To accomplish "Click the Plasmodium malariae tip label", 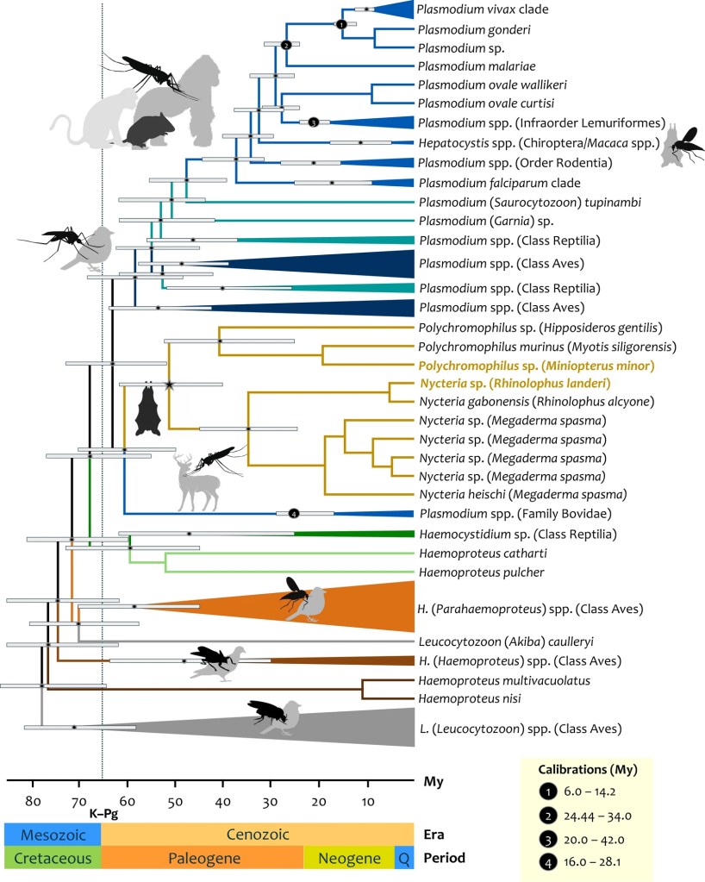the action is tap(477, 66).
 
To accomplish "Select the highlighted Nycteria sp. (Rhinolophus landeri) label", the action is tap(515, 384).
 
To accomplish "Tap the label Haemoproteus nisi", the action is tap(470, 698).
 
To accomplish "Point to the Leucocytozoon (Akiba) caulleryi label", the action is tap(506, 641).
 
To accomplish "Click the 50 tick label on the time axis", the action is tap(175, 802).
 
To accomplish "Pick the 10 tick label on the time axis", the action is tap(368, 802).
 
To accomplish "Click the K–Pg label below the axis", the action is tap(103, 813).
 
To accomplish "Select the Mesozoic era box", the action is tap(53, 835).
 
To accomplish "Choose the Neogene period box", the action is tap(349, 858).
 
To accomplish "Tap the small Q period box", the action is tap(404, 858).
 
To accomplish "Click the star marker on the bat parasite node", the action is tap(169, 385).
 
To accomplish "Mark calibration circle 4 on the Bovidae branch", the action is tap(294, 513).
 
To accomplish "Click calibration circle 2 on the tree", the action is tap(285, 45).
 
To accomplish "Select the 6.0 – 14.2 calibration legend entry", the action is tap(582, 791).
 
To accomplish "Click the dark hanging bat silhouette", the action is tap(148, 409).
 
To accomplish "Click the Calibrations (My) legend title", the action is tap(588, 770).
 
